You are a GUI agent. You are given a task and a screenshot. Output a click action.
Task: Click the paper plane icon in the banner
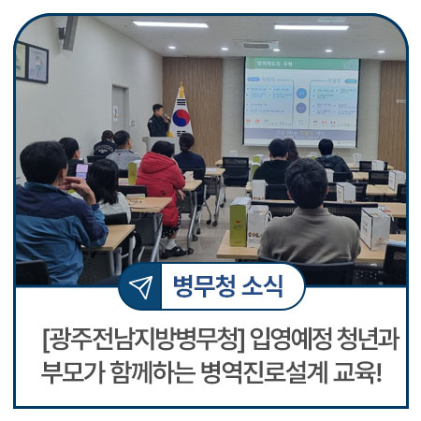tap(140, 286)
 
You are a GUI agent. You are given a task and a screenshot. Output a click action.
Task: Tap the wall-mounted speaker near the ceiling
tap(69, 34)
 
